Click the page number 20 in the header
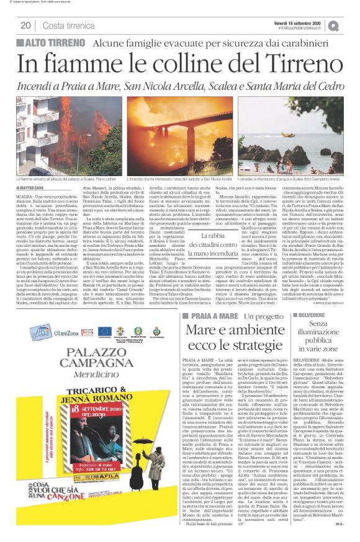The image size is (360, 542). tap(25, 25)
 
